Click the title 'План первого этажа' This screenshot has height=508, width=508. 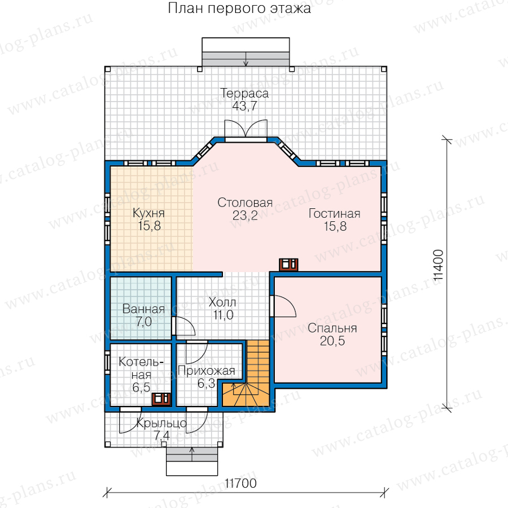(239, 8)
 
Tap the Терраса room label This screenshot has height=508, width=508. (244, 93)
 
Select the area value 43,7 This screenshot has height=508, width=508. (244, 106)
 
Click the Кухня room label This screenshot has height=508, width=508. (148, 213)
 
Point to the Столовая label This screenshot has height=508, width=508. (245, 203)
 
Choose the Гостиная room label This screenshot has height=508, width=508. (334, 213)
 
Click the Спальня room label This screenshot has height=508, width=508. (332, 328)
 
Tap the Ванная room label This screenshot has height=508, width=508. (143, 309)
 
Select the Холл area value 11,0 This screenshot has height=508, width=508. (223, 315)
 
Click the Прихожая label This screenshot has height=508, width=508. (207, 371)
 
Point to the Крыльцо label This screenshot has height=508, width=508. (161, 423)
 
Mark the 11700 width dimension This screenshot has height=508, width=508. (240, 483)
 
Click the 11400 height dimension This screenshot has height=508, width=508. (437, 265)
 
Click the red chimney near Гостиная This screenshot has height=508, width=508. (288, 264)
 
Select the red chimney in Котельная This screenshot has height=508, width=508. (161, 399)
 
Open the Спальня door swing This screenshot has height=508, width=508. (284, 306)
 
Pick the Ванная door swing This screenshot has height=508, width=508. (184, 326)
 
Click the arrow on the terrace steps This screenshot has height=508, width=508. (246, 59)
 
